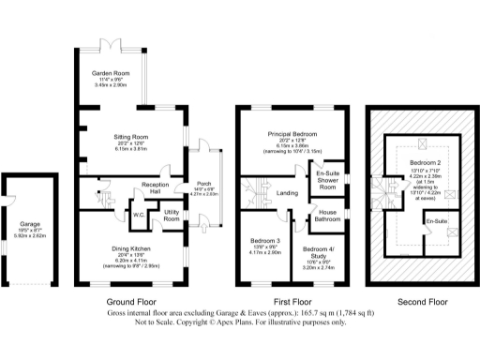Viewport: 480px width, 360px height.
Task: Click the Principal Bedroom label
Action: click(x=292, y=135)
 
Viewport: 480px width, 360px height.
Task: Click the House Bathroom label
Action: click(x=328, y=213)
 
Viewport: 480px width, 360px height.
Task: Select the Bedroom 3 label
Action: click(x=265, y=241)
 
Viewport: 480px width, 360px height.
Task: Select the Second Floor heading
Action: click(x=421, y=301)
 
